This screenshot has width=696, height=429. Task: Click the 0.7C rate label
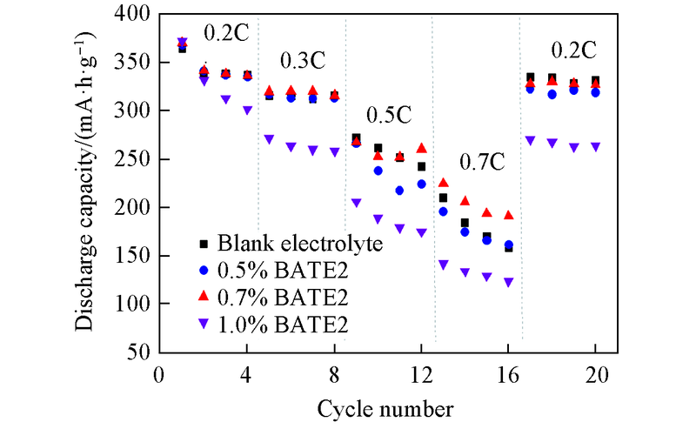point(484,163)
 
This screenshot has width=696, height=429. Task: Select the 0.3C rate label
point(302,62)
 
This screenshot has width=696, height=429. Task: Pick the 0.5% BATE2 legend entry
point(272,270)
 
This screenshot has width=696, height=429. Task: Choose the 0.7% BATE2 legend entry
point(272,297)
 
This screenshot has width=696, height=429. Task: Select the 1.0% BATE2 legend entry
point(272,324)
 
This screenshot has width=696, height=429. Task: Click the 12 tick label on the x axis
point(420,376)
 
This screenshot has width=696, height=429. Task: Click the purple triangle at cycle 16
point(508,282)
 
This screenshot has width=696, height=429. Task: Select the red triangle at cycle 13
point(443,183)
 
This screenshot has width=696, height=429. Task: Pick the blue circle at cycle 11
point(399,190)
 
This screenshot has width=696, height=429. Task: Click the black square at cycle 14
point(465,223)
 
